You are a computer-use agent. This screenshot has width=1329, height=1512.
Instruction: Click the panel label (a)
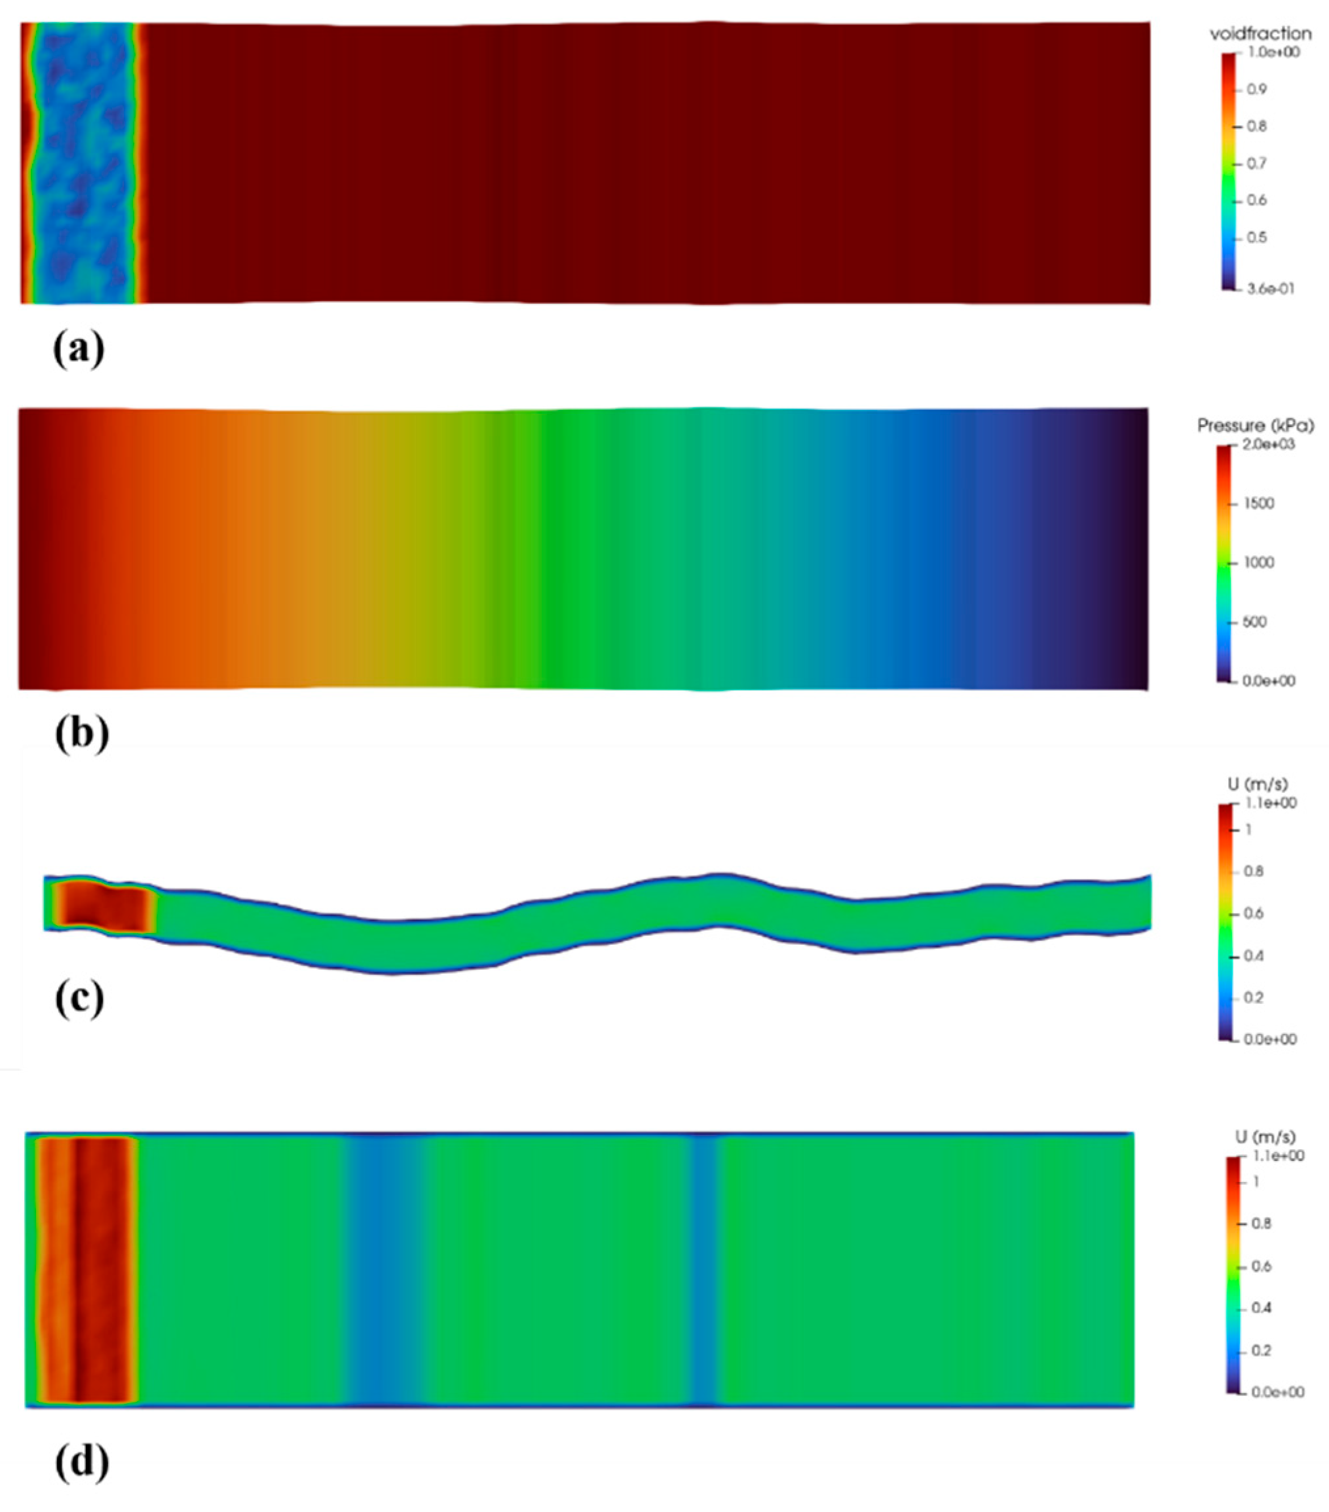[79, 348]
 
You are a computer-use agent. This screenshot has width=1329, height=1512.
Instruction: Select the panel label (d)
[81, 1462]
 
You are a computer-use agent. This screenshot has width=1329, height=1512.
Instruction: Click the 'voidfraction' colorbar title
[1260, 34]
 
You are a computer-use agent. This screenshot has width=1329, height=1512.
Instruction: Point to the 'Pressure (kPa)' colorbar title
[1256, 426]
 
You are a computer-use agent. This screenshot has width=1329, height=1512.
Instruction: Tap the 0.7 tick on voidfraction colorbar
[1256, 164]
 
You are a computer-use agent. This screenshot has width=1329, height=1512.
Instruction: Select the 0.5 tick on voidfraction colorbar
[1256, 238]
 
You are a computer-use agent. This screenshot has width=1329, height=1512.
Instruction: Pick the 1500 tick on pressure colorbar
[1258, 504]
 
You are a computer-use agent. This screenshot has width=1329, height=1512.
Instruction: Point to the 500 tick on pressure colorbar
[1254, 622]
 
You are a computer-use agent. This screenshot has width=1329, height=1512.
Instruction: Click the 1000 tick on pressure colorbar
[1258, 563]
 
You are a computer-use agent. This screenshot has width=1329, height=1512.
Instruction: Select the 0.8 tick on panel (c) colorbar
[1253, 872]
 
